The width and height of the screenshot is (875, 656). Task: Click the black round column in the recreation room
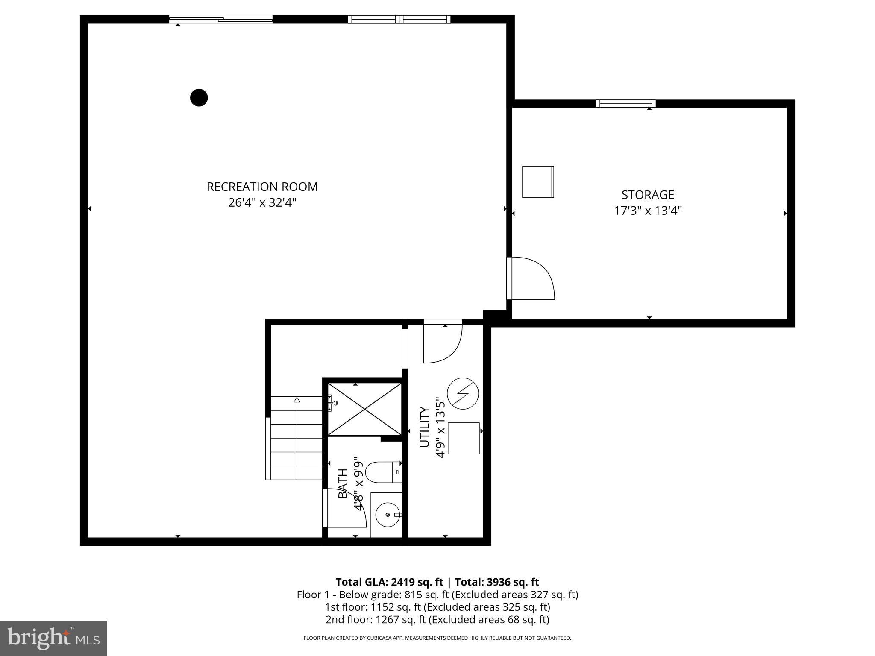point(199,98)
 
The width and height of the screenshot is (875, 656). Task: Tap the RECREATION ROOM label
point(262,187)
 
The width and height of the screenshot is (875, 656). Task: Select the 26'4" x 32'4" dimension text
point(262,202)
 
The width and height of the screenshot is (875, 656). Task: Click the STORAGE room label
point(647,195)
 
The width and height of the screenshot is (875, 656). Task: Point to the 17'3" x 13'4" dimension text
point(647,211)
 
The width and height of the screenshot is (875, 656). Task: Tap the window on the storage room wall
point(625,103)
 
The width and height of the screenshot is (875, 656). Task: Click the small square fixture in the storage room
point(538,182)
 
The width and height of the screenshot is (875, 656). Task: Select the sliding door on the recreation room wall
point(220,19)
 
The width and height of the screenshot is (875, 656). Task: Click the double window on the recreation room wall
point(399,19)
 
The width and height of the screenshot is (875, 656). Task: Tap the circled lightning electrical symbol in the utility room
point(463,394)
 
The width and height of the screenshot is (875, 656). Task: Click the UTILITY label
point(425,427)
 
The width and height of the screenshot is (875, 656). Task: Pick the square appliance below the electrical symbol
point(464,438)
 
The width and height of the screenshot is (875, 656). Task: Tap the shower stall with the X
point(364,409)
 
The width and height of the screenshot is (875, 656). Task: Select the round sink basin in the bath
point(388,515)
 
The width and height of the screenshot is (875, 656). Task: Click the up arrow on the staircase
point(297,400)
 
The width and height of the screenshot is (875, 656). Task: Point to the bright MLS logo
point(53,638)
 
